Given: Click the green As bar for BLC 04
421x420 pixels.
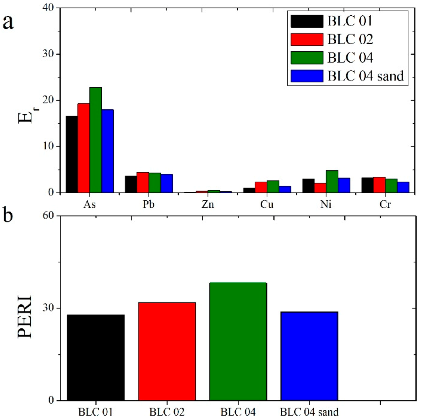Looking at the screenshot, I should [x=95, y=140].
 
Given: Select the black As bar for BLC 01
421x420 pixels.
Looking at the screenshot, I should [x=72, y=154].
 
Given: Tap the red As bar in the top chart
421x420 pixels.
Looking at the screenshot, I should [x=84, y=148].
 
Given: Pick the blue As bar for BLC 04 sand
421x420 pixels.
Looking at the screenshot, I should [x=107, y=151].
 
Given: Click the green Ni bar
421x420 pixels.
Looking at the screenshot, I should [x=332, y=181].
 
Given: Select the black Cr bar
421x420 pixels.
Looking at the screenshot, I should [x=367, y=185].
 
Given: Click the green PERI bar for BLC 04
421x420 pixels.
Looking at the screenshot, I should [x=238, y=341].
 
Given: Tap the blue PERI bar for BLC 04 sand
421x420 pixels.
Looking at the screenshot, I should [x=309, y=356].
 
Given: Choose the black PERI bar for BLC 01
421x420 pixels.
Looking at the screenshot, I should [x=96, y=357].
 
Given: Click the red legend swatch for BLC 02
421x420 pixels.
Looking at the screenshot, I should [x=307, y=39].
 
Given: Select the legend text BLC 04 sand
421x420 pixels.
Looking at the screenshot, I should [x=366, y=76].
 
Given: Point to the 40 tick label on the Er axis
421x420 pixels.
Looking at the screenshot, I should [x=48, y=8].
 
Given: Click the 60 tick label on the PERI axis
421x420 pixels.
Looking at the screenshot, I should [x=48, y=216].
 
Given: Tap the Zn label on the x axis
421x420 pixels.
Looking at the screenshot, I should [x=208, y=205].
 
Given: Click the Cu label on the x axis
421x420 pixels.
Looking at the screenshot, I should [x=267, y=205].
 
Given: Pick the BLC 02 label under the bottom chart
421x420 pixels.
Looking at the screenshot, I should [x=167, y=412].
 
